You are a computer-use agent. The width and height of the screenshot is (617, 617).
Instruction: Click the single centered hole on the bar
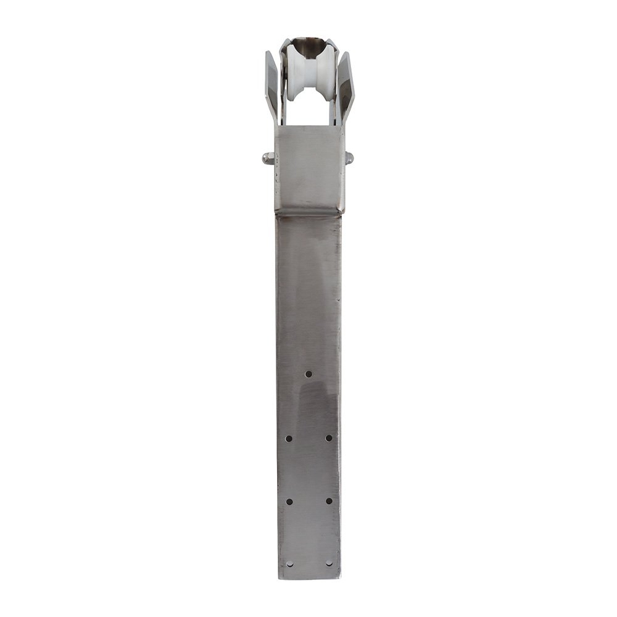pos(308,374)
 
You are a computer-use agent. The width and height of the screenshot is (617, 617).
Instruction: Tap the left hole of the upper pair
pos(289,438)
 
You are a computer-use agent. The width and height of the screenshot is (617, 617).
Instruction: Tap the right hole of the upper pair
pos(328,438)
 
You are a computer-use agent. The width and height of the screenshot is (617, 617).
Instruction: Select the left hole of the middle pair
pos(289,501)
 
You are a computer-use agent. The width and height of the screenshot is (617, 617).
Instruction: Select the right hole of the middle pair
pos(328,501)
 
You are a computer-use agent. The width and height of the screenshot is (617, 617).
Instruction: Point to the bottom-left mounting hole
pos(289,563)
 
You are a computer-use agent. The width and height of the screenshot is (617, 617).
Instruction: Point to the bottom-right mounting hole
pos(329,563)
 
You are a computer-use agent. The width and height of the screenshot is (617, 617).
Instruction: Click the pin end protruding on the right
pos(349,158)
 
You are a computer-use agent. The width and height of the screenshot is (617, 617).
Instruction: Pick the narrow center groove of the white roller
pos(308,77)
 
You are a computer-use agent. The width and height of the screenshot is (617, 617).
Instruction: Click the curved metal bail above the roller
pos(308,44)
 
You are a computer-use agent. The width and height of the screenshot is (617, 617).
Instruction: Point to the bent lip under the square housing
pos(308,213)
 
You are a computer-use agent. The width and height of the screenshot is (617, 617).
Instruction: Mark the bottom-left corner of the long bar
pos(279,578)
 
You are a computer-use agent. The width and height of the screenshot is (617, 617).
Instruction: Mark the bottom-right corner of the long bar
pos(339,578)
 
